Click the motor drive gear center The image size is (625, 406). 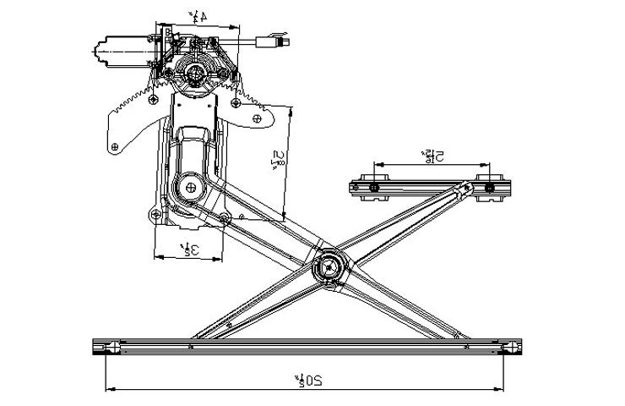[197, 74]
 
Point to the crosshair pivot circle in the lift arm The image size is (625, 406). [190, 187]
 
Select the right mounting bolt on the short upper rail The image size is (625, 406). [486, 186]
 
